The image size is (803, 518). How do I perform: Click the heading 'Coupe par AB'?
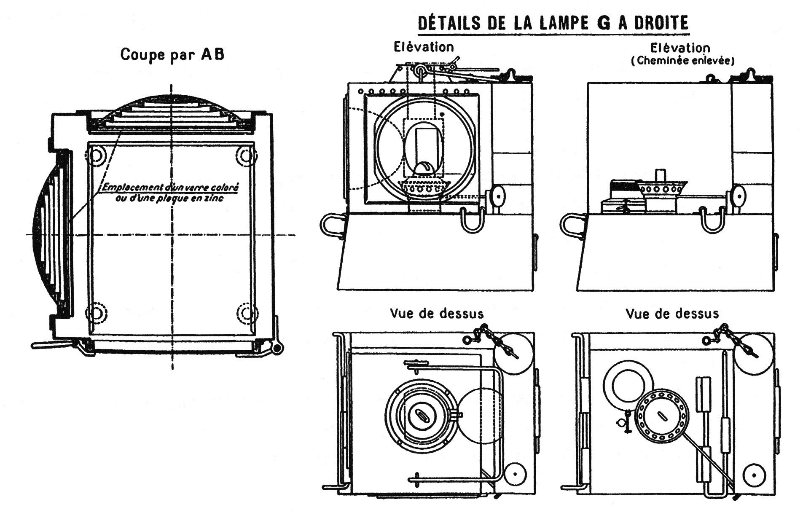pyautogui.click(x=172, y=54)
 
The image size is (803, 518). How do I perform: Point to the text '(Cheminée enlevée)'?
pyautogui.click(x=682, y=61)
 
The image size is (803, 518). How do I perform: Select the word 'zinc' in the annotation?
pyautogui.click(x=214, y=198)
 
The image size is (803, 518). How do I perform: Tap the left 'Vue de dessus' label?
pyautogui.click(x=436, y=314)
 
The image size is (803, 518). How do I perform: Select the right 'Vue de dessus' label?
pyautogui.click(x=672, y=314)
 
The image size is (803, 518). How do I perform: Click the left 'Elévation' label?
pyautogui.click(x=424, y=47)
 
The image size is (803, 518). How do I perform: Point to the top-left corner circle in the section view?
pyautogui.click(x=96, y=156)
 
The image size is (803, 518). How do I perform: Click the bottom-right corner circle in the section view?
pyautogui.click(x=247, y=313)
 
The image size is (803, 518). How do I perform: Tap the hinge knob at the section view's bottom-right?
pyautogui.click(x=277, y=349)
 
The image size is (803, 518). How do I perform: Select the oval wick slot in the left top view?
pyautogui.click(x=421, y=415)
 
